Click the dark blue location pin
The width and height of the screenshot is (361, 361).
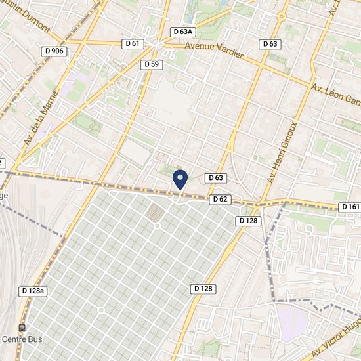[x=180, y=179]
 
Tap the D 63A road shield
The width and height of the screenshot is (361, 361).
[x=183, y=32]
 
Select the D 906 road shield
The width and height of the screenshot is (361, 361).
[x=53, y=51]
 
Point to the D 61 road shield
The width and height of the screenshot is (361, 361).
[x=132, y=43]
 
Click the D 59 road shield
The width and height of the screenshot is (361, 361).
[x=151, y=64]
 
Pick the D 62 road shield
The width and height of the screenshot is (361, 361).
[x=220, y=199]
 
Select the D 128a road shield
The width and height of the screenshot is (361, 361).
[x=33, y=291]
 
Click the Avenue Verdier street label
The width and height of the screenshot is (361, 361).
[x=215, y=51]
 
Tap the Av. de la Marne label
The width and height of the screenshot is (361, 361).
[x=40, y=119]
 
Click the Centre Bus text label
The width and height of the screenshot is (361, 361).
[x=22, y=339]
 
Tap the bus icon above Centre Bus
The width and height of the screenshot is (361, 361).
[x=22, y=328]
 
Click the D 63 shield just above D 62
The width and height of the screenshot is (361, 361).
[x=216, y=178]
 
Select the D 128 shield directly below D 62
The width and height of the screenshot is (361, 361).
[x=249, y=221]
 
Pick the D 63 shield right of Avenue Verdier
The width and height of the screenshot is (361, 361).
[x=270, y=44]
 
